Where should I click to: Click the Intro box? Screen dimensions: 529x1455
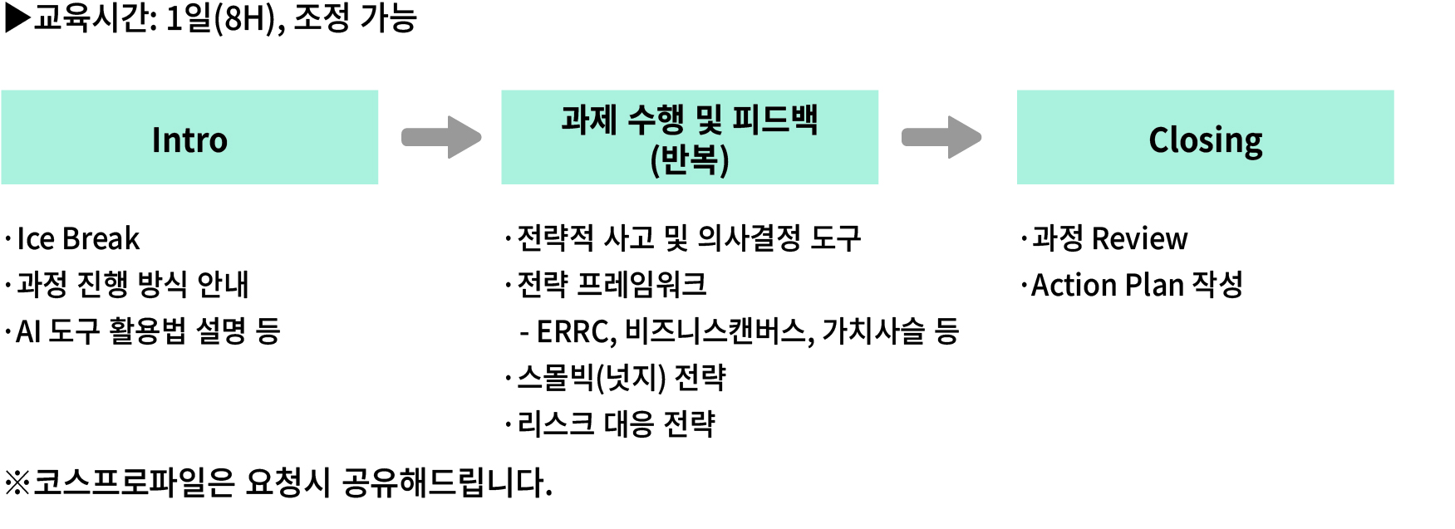[x=189, y=138]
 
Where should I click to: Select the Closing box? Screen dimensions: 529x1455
[x=1205, y=138]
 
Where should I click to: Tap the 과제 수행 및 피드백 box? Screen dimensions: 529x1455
[x=689, y=138]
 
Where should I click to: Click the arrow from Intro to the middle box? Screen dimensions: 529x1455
[x=441, y=137]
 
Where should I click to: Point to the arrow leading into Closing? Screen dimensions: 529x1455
[x=941, y=137]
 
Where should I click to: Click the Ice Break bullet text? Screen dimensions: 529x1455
[x=78, y=239]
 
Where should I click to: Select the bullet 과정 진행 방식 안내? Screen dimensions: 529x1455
[x=133, y=285]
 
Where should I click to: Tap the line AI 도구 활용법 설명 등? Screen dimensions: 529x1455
[x=148, y=331]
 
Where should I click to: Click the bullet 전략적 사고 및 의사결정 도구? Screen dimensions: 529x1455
[x=688, y=239]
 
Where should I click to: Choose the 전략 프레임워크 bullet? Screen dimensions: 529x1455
[x=612, y=285]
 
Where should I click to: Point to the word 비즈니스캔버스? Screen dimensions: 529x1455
[x=717, y=331]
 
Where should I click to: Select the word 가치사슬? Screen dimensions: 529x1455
[x=873, y=331]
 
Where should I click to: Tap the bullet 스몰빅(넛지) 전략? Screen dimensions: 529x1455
[x=621, y=378]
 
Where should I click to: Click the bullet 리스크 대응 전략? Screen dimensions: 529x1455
[x=616, y=424]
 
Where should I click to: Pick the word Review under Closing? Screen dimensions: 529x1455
[x=1139, y=239]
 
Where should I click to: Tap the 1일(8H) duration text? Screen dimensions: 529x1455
[x=221, y=18]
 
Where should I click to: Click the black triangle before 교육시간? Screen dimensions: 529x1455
[x=17, y=17]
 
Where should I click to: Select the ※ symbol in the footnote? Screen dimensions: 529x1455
[x=17, y=482]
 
